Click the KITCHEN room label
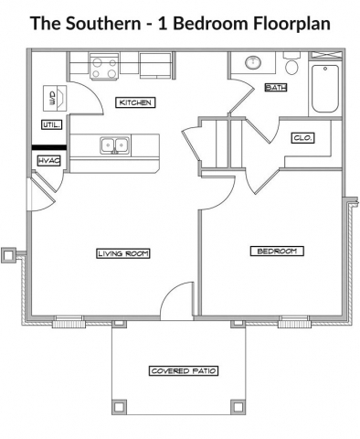[134, 102]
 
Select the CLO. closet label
[303, 137]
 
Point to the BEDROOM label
[276, 251]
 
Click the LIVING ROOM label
[122, 253]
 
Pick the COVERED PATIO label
[184, 370]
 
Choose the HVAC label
[49, 161]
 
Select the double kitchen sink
[114, 144]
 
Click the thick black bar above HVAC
[49, 145]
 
